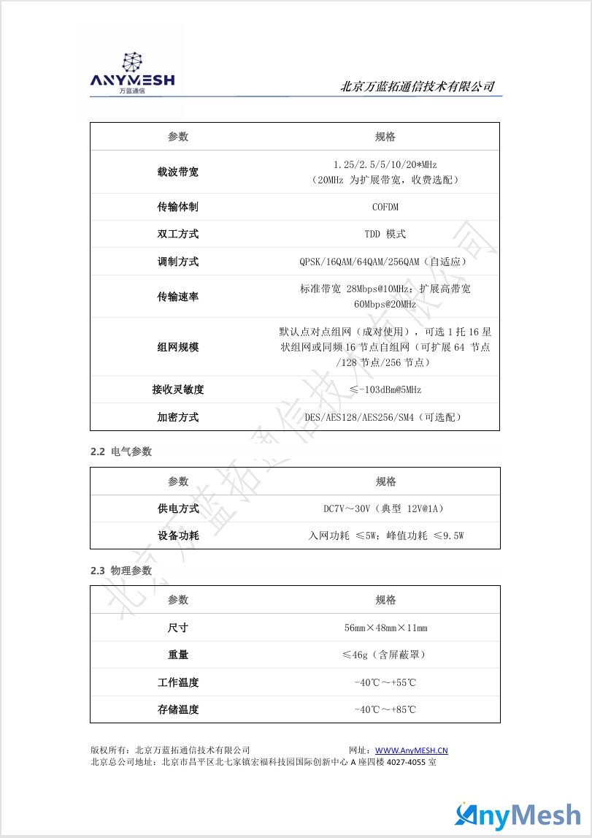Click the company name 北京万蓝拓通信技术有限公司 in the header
point(417,87)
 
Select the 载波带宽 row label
point(178,172)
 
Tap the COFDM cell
point(385,207)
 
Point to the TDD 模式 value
point(385,235)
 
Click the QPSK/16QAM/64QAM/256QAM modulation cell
point(385,262)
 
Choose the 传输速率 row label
point(178,297)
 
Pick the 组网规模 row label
point(178,347)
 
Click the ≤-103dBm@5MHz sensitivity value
point(385,389)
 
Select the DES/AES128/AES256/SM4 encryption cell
point(385,417)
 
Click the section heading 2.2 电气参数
point(121,452)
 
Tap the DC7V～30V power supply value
point(385,508)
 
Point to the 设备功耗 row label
point(178,536)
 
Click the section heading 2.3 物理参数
point(121,570)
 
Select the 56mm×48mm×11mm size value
point(385,628)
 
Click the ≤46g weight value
point(385,655)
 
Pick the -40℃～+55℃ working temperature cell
point(385,682)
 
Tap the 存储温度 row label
point(178,709)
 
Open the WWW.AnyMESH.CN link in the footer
point(411,750)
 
